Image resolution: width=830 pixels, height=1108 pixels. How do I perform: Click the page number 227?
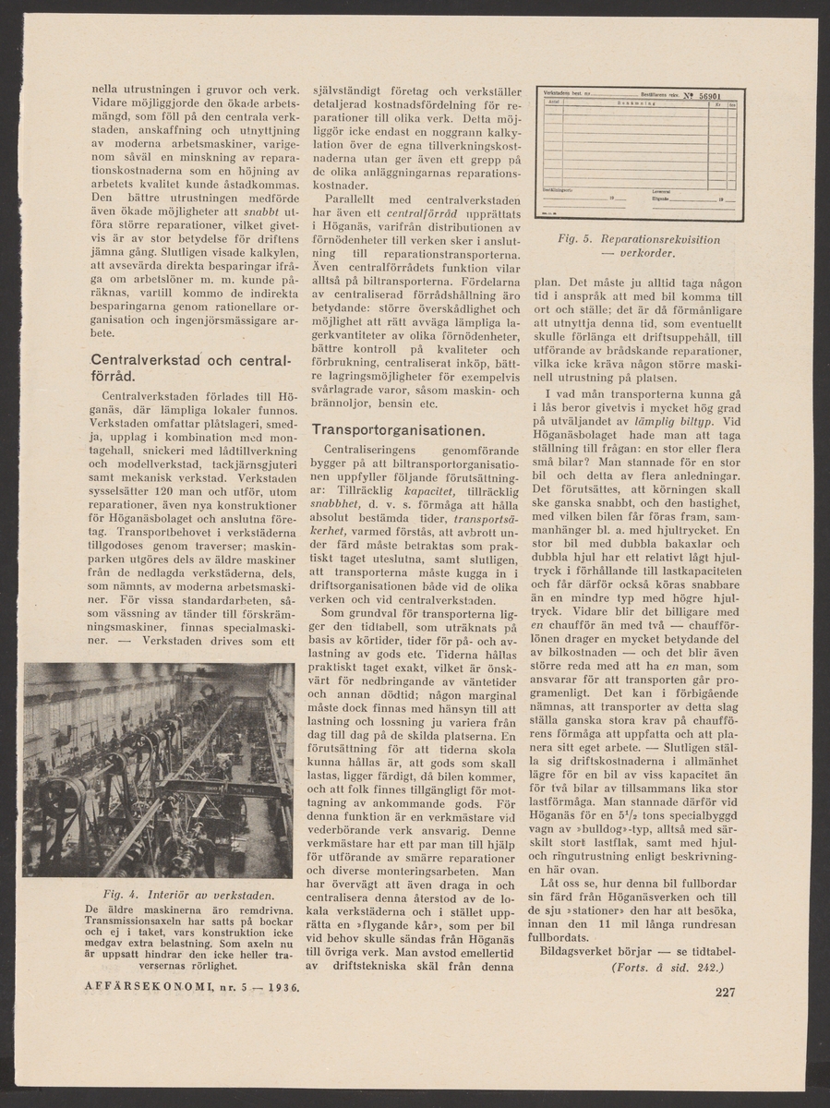coord(725,994)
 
